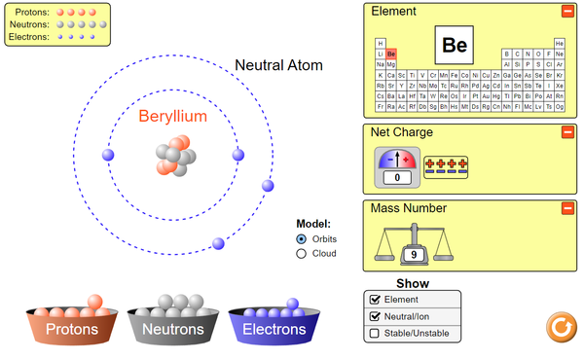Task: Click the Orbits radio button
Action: (302, 238)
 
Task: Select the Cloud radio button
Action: (302, 254)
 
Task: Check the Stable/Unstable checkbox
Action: (373, 334)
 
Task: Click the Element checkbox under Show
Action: (373, 301)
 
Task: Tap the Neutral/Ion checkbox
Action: (373, 317)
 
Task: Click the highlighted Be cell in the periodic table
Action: (391, 54)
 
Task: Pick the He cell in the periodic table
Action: (559, 44)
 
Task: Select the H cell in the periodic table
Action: (380, 44)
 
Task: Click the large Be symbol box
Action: (455, 45)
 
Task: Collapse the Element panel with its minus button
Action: (567, 12)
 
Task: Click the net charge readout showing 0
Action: (397, 178)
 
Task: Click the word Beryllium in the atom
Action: (172, 117)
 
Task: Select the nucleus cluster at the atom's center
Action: (172, 156)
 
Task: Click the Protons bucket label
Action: (71, 330)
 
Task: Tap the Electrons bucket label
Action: (274, 330)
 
